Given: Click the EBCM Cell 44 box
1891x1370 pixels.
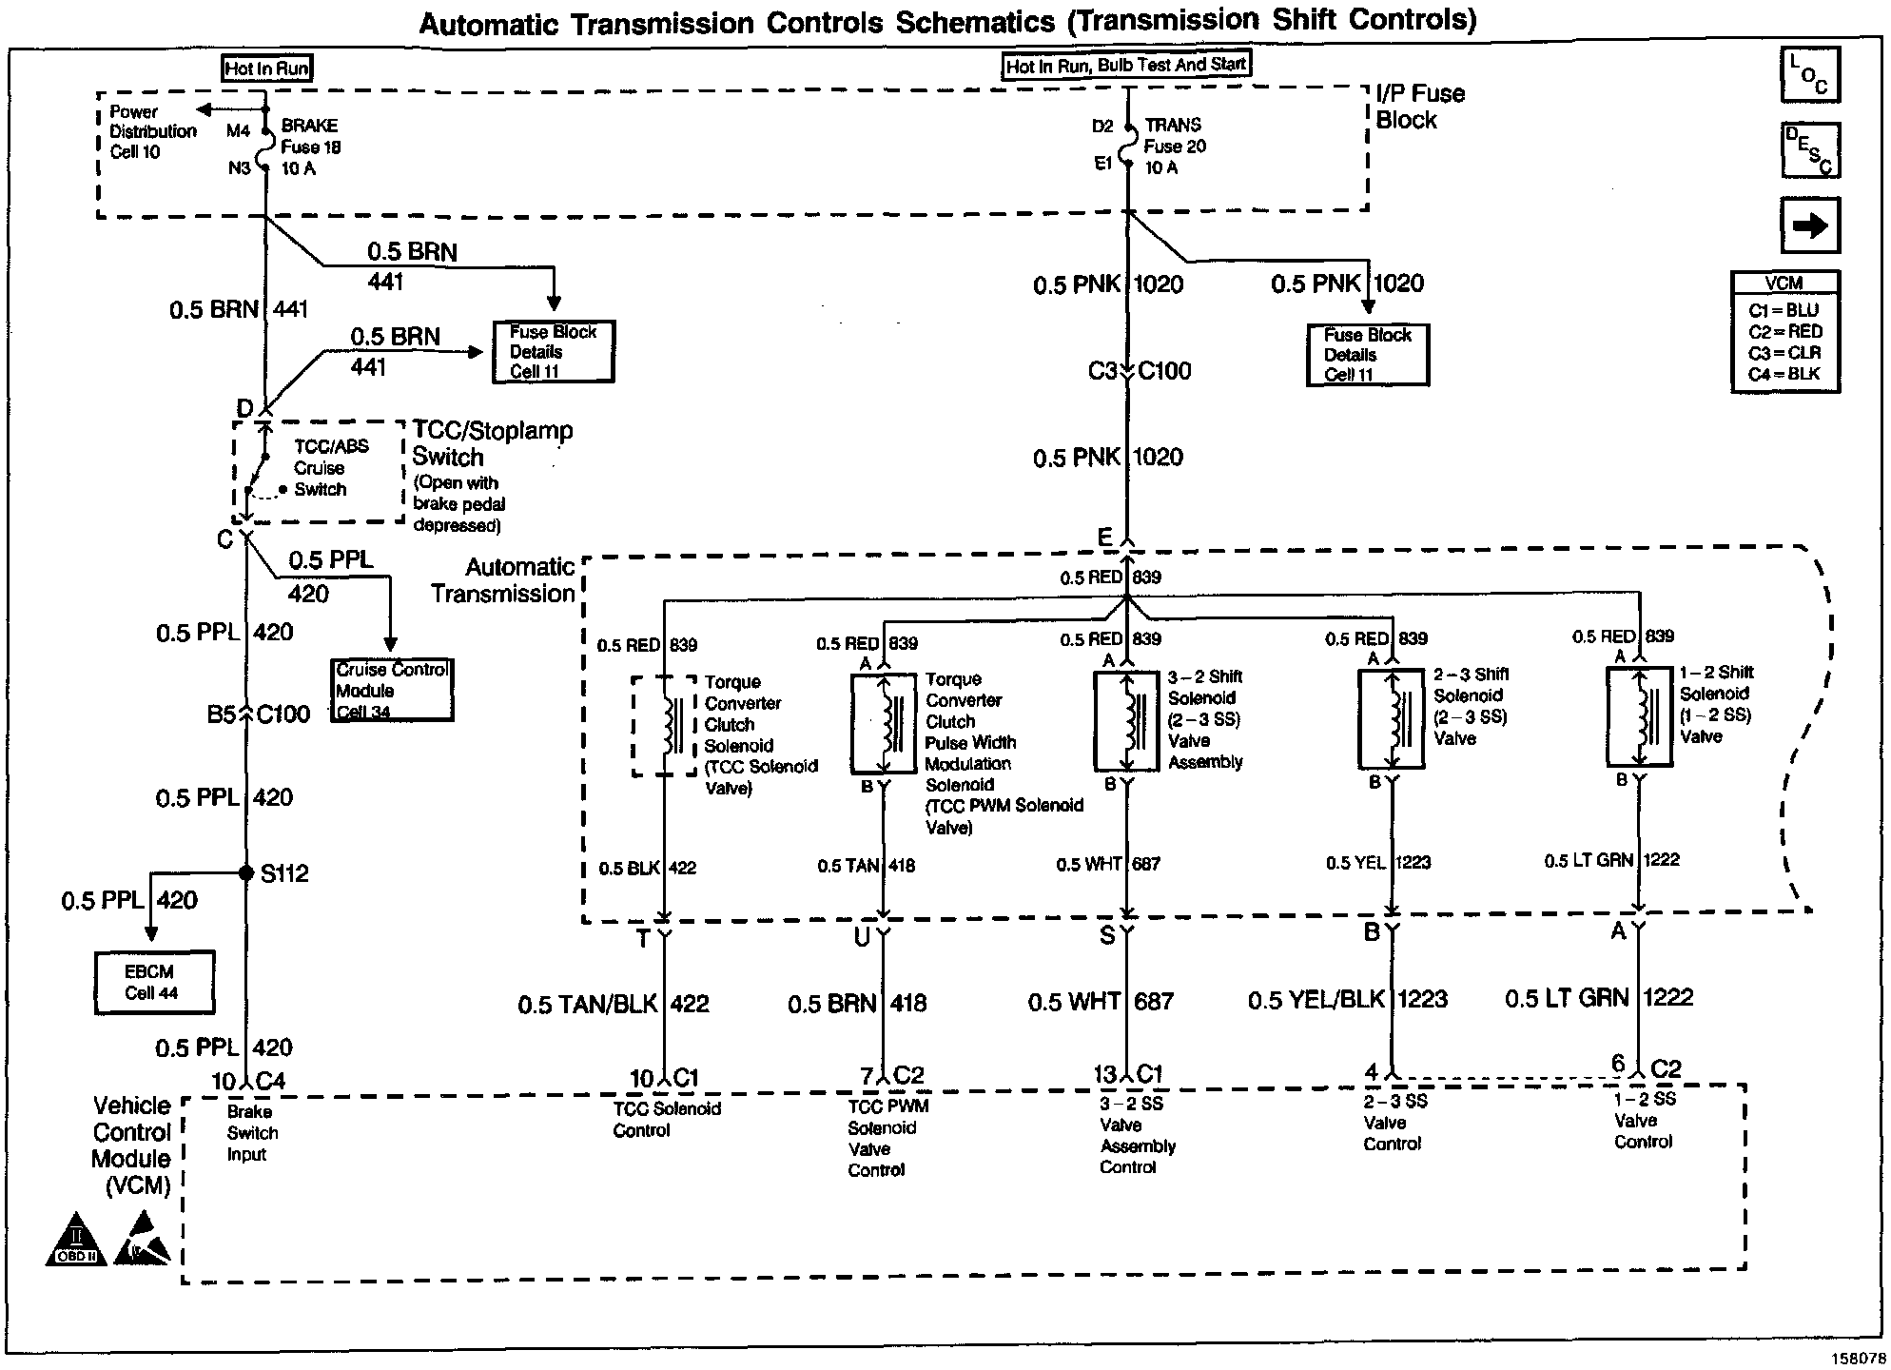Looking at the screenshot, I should coord(153,983).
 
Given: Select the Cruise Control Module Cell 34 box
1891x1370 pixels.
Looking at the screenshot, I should coord(391,691).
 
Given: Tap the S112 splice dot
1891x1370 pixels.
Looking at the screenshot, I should coord(245,872).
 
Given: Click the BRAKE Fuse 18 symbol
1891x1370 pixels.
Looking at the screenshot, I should coord(265,147).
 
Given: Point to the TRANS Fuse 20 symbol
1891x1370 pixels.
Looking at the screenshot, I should coord(1128,146).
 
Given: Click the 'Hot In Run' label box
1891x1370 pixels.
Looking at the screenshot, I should coord(266,68).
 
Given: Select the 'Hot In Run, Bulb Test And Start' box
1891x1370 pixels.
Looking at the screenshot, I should coord(1126,66).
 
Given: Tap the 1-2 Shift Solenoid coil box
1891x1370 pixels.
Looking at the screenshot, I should coord(1638,716).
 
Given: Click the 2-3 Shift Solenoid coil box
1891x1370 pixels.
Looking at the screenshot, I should coord(1390,719).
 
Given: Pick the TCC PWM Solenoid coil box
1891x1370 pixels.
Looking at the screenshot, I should coord(883,724).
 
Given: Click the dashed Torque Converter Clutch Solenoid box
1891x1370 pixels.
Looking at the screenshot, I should coord(664,726).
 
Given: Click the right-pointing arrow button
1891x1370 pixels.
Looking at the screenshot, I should coord(1809,225).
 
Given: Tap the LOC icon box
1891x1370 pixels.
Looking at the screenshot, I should coord(1809,74).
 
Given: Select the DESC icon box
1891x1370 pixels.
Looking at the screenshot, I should coord(1809,149).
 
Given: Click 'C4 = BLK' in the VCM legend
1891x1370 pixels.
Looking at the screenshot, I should coord(1784,374).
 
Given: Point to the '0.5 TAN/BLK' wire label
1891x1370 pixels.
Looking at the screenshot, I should coord(588,1005).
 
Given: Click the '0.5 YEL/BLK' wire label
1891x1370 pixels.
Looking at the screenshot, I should coord(1316,1000).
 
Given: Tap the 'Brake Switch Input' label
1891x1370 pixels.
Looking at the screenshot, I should coord(252,1133).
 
